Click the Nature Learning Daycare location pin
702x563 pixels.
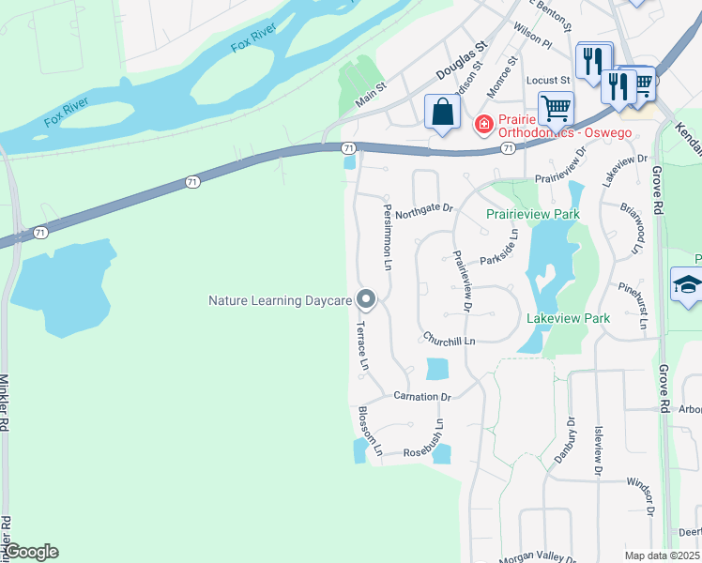pyautogui.click(x=367, y=299)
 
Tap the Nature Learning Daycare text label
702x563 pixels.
pyautogui.click(x=280, y=301)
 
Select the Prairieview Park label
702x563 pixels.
pyautogui.click(x=532, y=214)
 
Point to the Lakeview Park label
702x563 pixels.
pyautogui.click(x=568, y=319)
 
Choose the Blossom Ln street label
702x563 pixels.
pyautogui.click(x=369, y=431)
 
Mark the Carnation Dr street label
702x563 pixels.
pyautogui.click(x=422, y=397)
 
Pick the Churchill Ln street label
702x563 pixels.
pyautogui.click(x=449, y=339)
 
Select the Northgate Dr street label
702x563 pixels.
pyautogui.click(x=423, y=212)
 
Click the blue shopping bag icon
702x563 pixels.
pyautogui.click(x=442, y=112)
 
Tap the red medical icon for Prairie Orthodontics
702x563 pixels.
pyautogui.click(x=483, y=123)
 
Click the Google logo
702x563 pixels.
pyautogui.click(x=30, y=552)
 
